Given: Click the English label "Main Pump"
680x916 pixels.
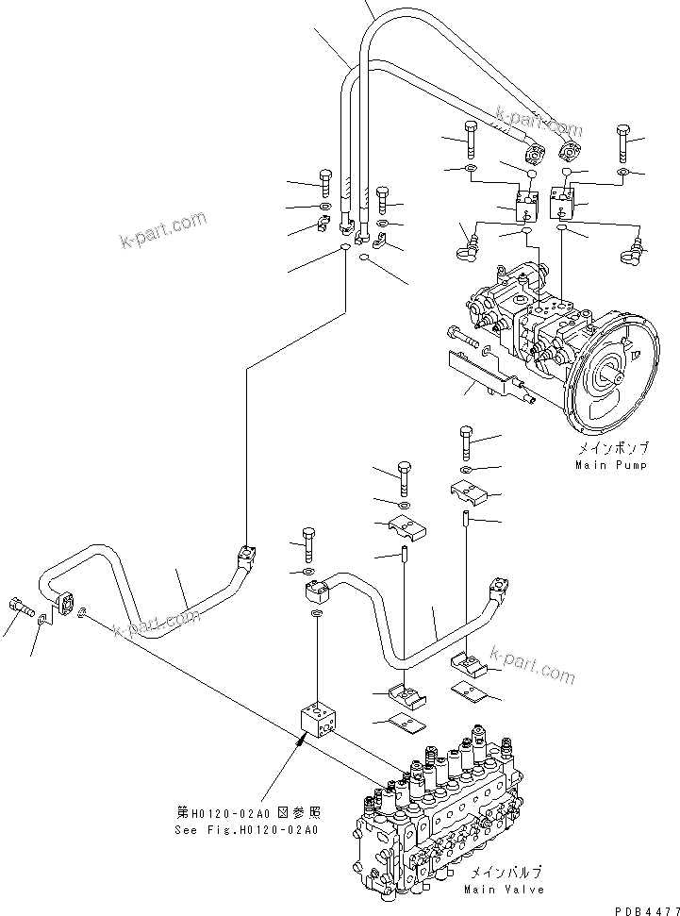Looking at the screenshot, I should coord(611,465).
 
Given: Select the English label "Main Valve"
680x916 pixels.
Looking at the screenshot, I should coord(504,889).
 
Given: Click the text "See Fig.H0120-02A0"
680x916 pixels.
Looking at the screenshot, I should coord(247,830).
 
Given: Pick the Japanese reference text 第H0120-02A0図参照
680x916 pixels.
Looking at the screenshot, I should coord(247,813).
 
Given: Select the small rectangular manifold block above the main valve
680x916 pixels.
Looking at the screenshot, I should coord(322,718).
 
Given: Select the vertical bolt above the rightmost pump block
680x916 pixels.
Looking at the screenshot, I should coord(623,141).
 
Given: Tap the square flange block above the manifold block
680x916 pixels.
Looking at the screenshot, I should coord(317,592).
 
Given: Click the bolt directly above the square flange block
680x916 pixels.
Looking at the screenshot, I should coord(307,543).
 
